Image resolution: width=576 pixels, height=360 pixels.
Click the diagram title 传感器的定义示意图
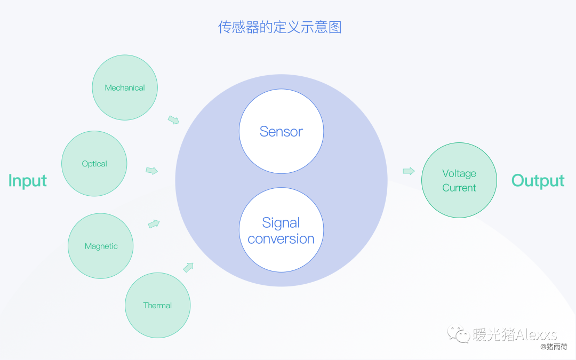click(x=279, y=27)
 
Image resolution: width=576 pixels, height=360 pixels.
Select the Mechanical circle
click(x=125, y=87)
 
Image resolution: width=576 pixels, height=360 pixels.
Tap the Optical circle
click(x=94, y=164)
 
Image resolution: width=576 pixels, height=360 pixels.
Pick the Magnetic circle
click(x=101, y=246)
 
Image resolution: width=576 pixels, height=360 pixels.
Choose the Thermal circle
click(x=157, y=305)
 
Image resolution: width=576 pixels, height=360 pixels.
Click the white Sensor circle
click(x=281, y=131)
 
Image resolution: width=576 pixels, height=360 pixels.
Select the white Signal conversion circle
click(x=281, y=230)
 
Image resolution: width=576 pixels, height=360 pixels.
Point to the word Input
click(x=28, y=181)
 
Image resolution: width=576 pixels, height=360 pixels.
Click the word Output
click(x=538, y=181)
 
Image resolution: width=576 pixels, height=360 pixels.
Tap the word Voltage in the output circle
click(x=459, y=173)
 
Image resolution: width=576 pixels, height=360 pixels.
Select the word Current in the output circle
click(x=459, y=188)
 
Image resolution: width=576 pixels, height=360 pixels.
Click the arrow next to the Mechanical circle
click(x=173, y=119)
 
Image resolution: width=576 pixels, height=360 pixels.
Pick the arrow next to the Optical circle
click(x=152, y=171)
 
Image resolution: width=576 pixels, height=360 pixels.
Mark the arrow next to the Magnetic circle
click(x=154, y=224)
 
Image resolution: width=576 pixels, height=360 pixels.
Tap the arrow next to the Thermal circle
click(x=188, y=267)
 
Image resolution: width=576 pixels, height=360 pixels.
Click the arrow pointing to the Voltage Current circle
click(x=409, y=171)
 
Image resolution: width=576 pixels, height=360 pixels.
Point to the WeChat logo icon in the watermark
click(x=459, y=334)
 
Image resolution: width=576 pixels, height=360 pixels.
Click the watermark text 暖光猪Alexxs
click(x=515, y=334)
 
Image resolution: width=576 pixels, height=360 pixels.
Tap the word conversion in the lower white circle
click(x=281, y=239)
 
